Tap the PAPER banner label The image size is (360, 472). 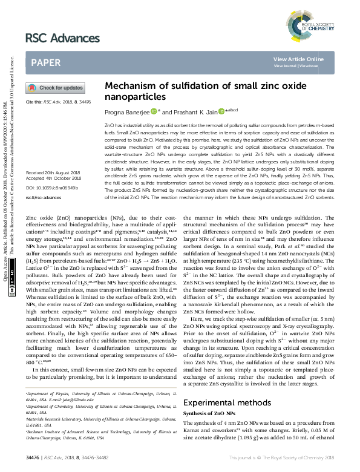45,62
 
